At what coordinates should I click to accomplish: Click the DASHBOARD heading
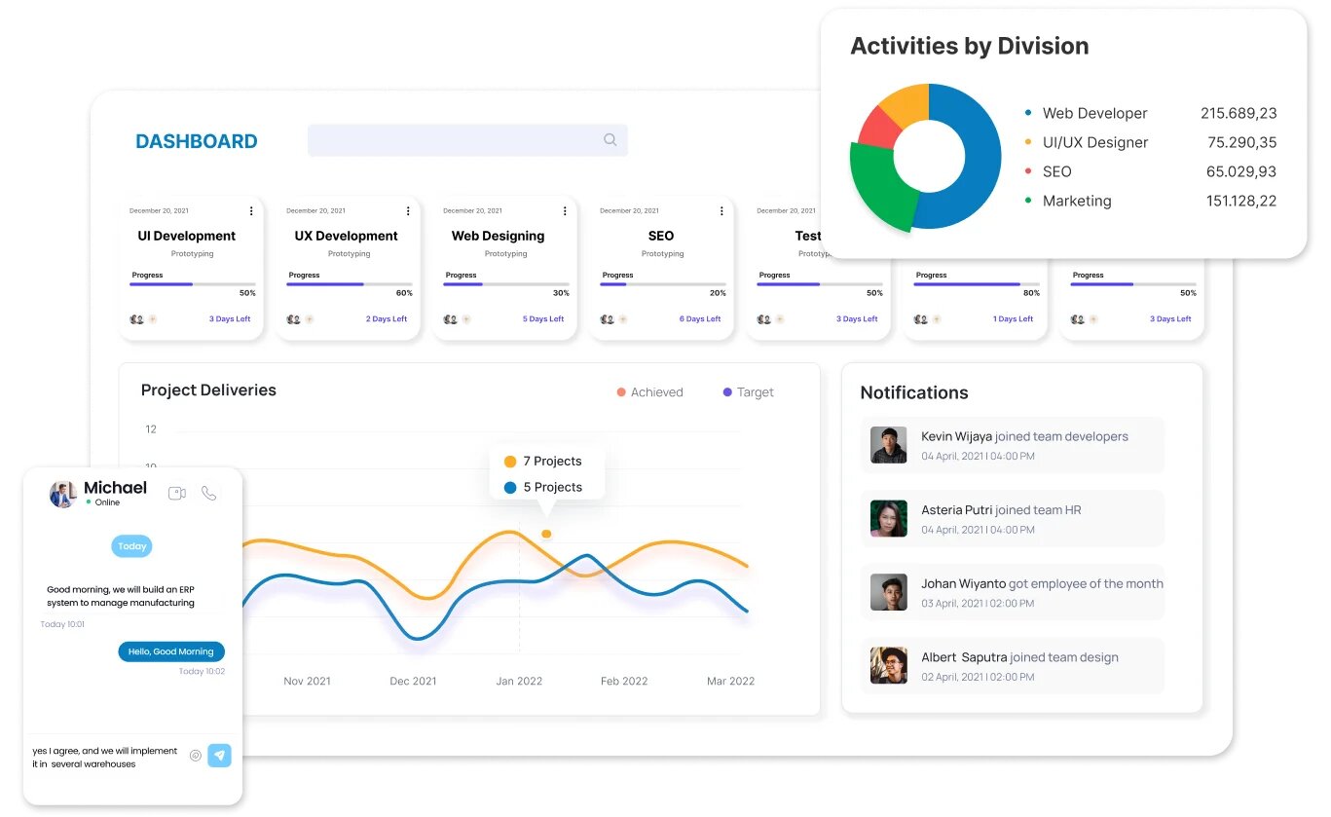[x=196, y=141]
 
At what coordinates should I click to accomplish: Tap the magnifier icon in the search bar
[x=610, y=140]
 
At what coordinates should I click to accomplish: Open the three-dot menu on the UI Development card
[x=251, y=211]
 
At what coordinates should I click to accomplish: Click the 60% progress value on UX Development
[x=403, y=293]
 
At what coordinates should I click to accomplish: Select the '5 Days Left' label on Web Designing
[x=542, y=319]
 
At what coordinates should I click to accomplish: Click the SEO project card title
[x=660, y=236]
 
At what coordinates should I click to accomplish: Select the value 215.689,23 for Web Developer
[x=1238, y=113]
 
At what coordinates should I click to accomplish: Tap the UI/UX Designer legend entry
[x=1094, y=142]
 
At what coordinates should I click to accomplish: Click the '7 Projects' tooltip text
[x=552, y=462]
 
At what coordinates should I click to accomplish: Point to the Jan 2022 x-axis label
[x=519, y=682]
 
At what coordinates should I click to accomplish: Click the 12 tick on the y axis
[x=151, y=429]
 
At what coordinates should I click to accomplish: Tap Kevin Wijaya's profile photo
[x=888, y=445]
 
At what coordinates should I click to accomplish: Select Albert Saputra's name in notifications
[x=963, y=657]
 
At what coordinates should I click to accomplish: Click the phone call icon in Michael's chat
[x=208, y=494]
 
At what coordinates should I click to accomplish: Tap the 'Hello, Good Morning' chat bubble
[x=171, y=651]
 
